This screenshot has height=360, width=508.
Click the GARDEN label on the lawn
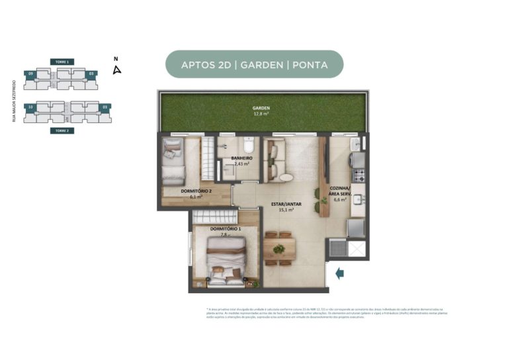click(x=261, y=108)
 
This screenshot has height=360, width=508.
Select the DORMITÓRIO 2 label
click(x=196, y=191)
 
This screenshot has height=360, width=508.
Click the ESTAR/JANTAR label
click(x=285, y=204)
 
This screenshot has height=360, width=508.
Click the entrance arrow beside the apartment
click(x=339, y=273)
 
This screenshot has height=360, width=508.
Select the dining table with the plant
click(x=279, y=249)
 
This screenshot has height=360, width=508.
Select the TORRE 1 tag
click(x=62, y=62)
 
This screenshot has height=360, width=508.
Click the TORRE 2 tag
click(x=62, y=131)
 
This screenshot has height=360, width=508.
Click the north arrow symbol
click(x=116, y=69)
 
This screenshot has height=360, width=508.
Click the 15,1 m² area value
click(x=285, y=210)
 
